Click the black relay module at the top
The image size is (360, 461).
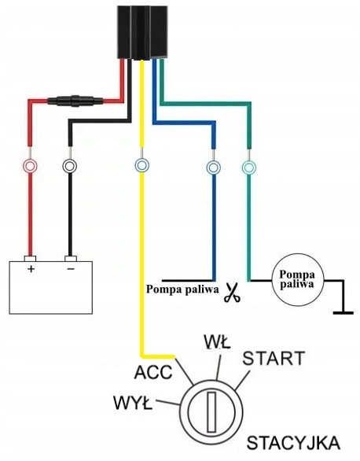point(143,32)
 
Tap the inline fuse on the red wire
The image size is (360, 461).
point(75,101)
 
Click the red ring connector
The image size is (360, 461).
point(30,167)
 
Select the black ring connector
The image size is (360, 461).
point(70,167)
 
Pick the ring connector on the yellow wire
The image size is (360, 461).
point(141,165)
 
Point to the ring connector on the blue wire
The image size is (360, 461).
point(214,168)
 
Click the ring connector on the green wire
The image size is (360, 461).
point(249,168)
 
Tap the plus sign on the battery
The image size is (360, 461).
point(31,269)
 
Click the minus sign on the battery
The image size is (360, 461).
point(71,268)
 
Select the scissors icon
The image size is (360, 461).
point(232,293)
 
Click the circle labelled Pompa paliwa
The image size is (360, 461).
point(297,279)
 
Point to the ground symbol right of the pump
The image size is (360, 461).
point(343,313)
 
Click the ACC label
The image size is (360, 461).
point(153,372)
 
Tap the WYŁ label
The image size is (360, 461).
point(133,403)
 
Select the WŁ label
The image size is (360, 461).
point(217,341)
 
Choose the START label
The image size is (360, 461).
point(274,359)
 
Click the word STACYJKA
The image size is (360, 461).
point(293,443)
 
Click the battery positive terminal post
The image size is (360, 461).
point(30,259)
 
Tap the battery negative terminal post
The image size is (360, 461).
point(71,259)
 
